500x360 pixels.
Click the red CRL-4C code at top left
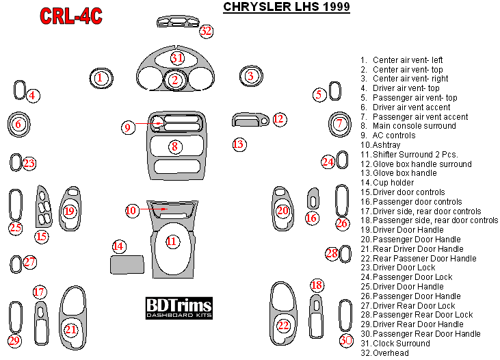click(x=70, y=16)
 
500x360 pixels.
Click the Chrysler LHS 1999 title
click(x=287, y=8)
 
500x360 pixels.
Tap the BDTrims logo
click(x=179, y=308)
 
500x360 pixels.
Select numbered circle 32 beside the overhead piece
click(x=206, y=31)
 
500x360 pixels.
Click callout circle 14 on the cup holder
click(x=119, y=246)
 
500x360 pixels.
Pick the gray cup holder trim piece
click(x=126, y=264)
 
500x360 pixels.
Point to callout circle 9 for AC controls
click(x=127, y=127)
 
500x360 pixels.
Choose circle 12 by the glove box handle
click(x=278, y=119)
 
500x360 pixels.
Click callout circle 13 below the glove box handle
click(x=238, y=144)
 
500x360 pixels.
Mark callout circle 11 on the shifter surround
click(x=172, y=241)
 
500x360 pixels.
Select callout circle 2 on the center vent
click(x=175, y=81)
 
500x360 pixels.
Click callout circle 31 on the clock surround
click(x=177, y=58)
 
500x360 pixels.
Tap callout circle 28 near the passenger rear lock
click(x=332, y=254)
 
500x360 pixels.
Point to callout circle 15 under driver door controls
click(x=42, y=237)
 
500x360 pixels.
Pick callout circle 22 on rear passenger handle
click(x=282, y=326)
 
